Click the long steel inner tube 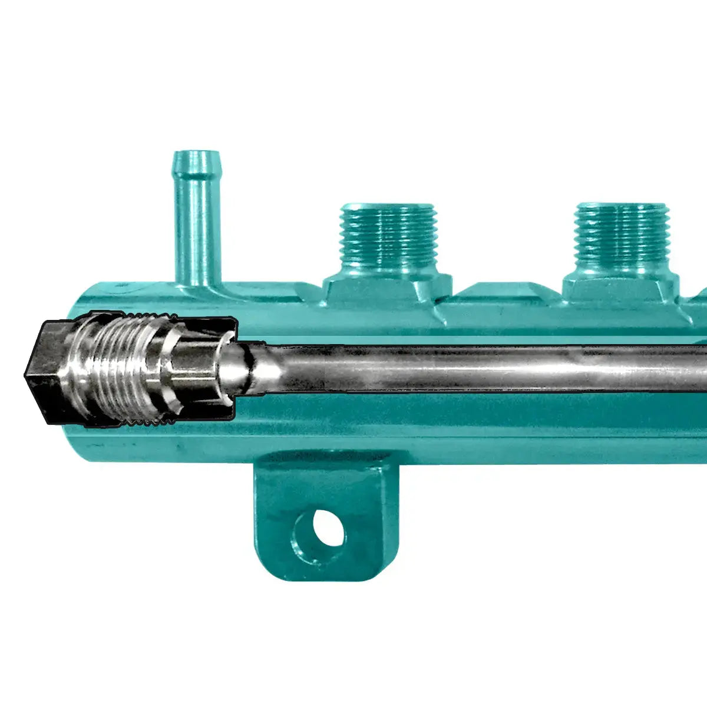(x=471, y=368)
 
